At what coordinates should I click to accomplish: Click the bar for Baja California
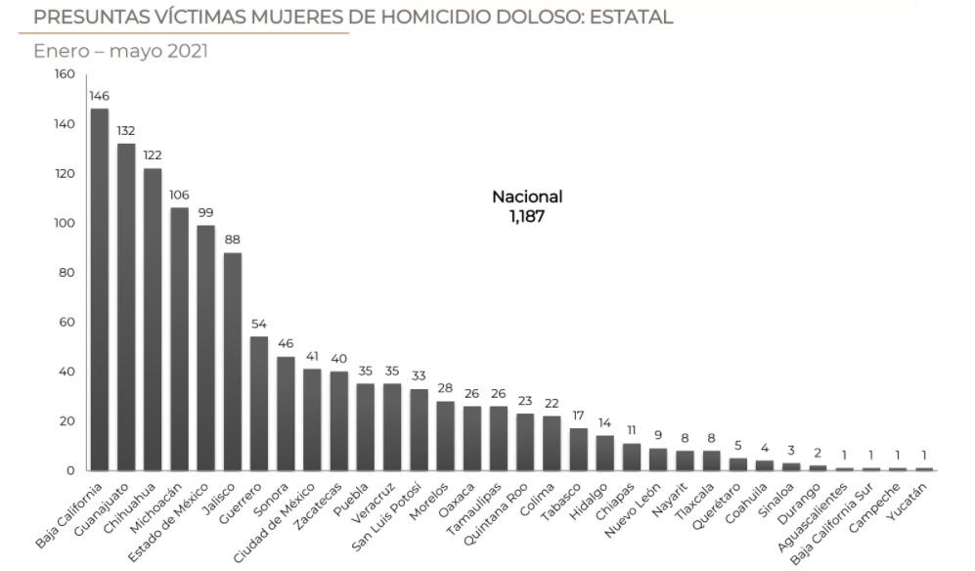(99, 289)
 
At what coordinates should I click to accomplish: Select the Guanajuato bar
(126, 307)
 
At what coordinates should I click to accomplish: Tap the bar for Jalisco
(233, 362)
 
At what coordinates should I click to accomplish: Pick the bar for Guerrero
(259, 404)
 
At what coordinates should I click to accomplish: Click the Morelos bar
(445, 436)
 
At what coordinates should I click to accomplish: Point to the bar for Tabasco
(578, 450)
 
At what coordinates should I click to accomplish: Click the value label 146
(99, 96)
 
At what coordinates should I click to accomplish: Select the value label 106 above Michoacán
(179, 195)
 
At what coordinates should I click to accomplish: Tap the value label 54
(259, 324)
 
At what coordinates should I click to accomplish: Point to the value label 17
(578, 415)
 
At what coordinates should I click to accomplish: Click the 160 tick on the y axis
(64, 74)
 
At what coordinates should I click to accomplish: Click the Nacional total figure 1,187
(526, 217)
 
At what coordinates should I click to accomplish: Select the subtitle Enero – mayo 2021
(120, 51)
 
